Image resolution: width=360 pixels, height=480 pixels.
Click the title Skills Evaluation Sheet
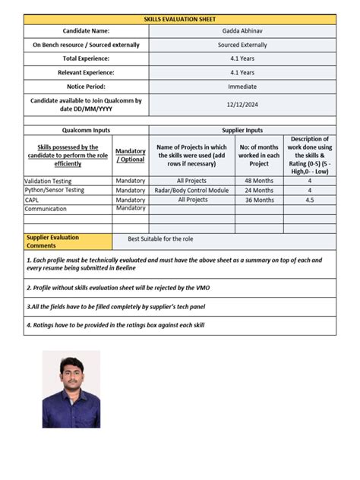click(x=179, y=18)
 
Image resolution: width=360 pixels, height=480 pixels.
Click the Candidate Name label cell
click(x=86, y=31)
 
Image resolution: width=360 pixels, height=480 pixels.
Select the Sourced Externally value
click(x=242, y=45)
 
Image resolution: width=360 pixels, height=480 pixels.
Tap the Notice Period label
click(x=86, y=87)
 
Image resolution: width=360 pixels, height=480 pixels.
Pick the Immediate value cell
click(x=242, y=87)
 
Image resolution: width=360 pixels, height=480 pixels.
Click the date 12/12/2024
click(x=242, y=105)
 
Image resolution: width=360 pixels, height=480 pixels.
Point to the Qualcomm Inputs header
click(x=86, y=131)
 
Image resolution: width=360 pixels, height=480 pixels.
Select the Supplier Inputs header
click(x=242, y=131)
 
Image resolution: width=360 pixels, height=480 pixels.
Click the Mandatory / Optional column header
click(x=131, y=156)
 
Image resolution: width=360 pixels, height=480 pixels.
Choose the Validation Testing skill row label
click(x=47, y=181)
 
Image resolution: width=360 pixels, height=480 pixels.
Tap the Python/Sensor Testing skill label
click(x=54, y=190)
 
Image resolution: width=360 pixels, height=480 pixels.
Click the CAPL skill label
click(x=32, y=200)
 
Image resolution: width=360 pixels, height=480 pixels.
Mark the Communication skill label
click(x=46, y=209)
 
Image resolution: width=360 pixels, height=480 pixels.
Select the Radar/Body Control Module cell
click(x=192, y=190)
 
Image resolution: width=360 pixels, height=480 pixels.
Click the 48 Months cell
click(x=259, y=181)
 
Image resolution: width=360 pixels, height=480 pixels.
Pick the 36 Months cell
click(x=259, y=200)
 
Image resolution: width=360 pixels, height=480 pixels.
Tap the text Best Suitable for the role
click(x=160, y=238)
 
